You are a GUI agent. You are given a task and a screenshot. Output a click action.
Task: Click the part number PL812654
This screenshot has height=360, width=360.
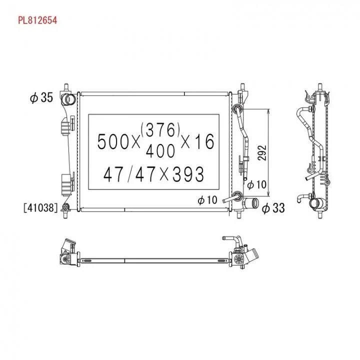point(37,20)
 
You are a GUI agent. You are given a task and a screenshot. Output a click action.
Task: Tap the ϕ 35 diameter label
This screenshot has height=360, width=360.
point(41,97)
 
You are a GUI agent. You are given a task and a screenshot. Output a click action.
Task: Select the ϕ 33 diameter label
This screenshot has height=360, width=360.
point(273,208)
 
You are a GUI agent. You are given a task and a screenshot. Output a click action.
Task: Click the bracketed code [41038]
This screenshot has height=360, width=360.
point(40,208)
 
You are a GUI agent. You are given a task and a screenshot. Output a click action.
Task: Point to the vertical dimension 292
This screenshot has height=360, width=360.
point(262,153)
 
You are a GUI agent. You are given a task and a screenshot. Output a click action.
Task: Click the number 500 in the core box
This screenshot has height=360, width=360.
point(113,141)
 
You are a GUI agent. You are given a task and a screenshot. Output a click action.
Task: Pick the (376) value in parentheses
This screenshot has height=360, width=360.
point(160,129)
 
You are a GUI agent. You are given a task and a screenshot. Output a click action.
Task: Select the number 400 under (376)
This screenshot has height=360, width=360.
point(160,151)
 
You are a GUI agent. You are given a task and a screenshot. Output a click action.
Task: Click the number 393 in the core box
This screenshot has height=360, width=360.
point(188,174)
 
